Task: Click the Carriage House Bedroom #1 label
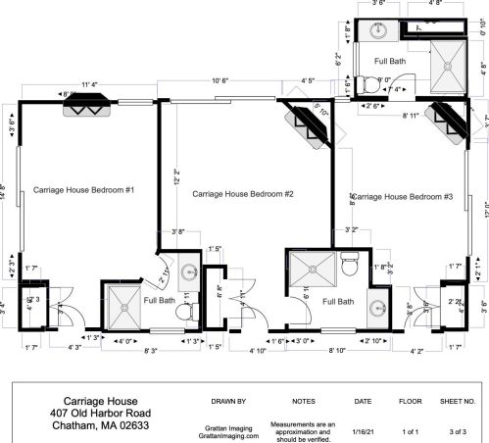coord(83,188)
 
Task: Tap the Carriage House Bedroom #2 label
coord(243,194)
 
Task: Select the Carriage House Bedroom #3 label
coord(401,197)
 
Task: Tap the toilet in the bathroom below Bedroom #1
coord(182,313)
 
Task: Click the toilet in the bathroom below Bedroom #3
coord(348,266)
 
